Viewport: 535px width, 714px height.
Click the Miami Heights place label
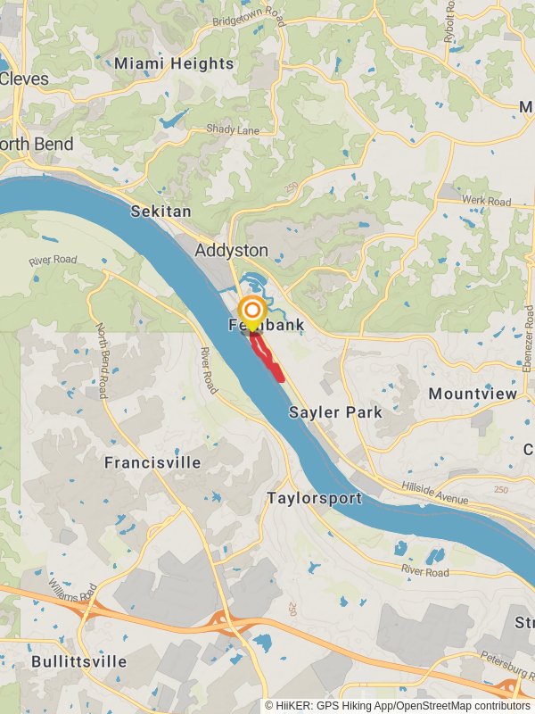tap(174, 63)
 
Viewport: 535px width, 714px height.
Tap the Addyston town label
tap(231, 251)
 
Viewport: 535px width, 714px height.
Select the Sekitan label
tap(160, 212)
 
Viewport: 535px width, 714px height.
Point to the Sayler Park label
tap(335, 412)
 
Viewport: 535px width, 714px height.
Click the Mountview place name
tap(473, 394)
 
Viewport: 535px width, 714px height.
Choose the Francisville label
tap(152, 463)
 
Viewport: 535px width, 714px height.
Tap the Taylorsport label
tap(315, 499)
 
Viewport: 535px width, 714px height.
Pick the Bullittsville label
tap(78, 662)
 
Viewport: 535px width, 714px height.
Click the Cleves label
tap(24, 79)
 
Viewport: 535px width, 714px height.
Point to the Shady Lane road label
tap(233, 129)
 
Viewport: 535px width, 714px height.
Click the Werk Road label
tap(487, 203)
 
